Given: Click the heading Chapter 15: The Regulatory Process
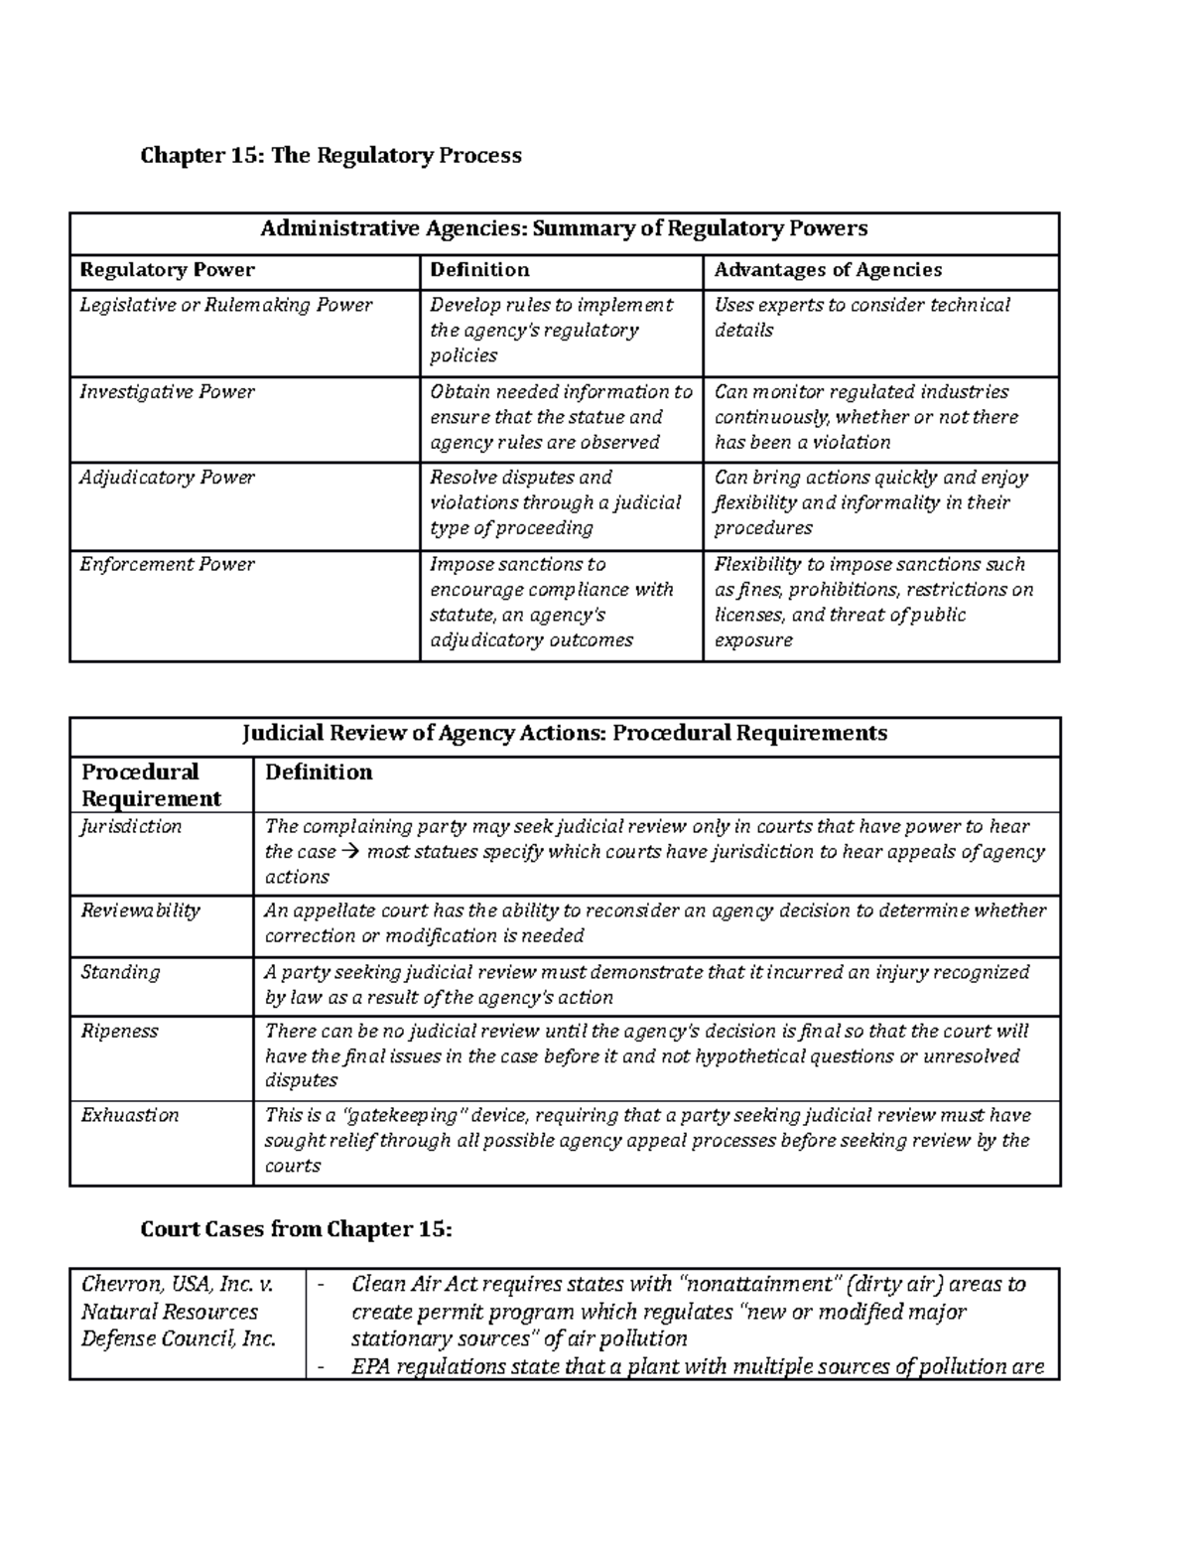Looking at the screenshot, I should (331, 155).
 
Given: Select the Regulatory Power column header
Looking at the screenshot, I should (167, 270).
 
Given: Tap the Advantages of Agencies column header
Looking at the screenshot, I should (828, 270).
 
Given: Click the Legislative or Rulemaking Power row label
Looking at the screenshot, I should (226, 305).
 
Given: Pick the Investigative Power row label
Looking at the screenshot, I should (167, 392).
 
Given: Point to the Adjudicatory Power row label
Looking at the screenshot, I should (167, 478).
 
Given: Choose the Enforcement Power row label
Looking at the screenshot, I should (167, 564).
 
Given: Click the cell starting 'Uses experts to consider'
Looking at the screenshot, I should (861, 317).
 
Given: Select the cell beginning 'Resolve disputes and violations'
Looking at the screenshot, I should (555, 502).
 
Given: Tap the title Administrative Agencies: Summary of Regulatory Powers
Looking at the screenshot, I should (564, 229).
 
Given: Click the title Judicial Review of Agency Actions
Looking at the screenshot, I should (564, 734).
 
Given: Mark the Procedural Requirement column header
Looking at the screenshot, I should (151, 784).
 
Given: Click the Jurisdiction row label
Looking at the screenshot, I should (131, 826).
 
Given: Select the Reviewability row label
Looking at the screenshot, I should (140, 911).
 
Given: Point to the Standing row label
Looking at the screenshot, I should (119, 972).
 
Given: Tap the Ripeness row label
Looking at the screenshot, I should (119, 1031).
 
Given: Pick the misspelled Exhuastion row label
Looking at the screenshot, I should (129, 1115).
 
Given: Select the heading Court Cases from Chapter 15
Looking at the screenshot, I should (296, 1229).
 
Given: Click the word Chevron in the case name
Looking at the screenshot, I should (117, 1284).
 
